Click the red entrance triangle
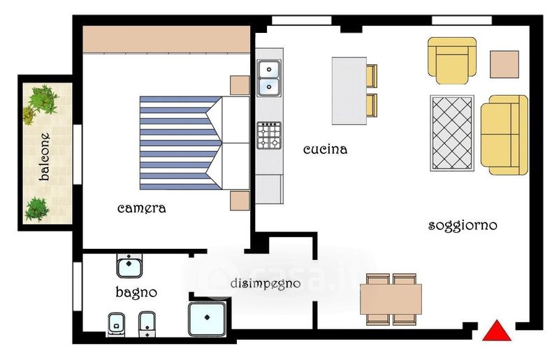[497, 332]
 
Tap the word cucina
[325, 149]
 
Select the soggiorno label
[463, 226]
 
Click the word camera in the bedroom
[142, 208]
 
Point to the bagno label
[136, 292]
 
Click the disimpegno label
[266, 284]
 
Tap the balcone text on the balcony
[45, 157]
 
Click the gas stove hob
[269, 136]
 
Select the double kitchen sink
[269, 78]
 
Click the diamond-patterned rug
[452, 133]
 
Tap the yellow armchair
[452, 60]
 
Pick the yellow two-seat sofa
[504, 135]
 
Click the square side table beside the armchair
[504, 64]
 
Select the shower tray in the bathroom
[207, 319]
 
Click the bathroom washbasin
[129, 266]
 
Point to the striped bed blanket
[181, 143]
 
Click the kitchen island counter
[349, 91]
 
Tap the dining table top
[391, 299]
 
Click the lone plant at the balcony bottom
[36, 209]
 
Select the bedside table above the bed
[240, 85]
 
